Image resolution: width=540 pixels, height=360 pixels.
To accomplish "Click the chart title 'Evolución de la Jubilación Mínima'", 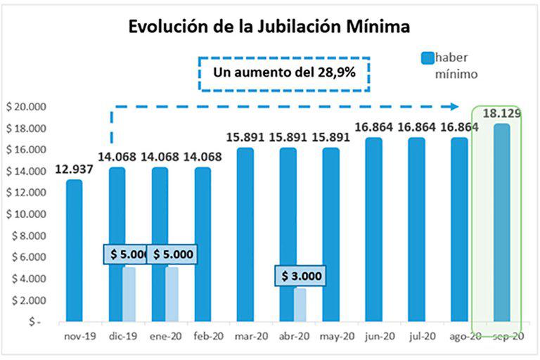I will [x=269, y=27].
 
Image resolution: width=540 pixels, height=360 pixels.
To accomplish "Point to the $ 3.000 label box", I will [x=300, y=276].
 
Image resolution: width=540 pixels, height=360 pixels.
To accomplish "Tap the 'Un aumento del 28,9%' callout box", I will [x=284, y=72].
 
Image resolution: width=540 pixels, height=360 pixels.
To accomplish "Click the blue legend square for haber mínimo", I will [x=427, y=57].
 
